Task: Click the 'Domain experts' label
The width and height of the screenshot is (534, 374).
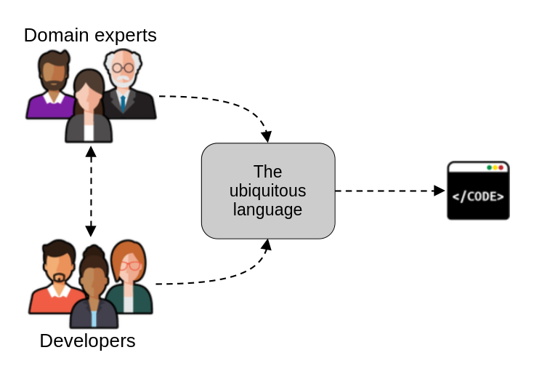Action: [90, 34]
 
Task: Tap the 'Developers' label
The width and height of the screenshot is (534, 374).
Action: [87, 341]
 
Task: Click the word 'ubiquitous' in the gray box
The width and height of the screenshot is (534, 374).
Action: [267, 191]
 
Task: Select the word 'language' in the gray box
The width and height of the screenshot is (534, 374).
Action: [267, 210]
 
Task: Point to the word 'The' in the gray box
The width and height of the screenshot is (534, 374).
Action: [267, 172]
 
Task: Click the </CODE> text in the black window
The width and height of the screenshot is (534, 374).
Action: [478, 196]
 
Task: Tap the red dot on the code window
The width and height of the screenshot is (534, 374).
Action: [501, 167]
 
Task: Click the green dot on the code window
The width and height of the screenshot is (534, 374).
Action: [489, 167]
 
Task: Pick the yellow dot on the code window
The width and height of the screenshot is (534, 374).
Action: [495, 167]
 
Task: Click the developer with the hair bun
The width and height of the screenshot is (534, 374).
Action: [93, 287]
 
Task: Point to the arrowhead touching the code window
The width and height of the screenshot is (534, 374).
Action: [440, 191]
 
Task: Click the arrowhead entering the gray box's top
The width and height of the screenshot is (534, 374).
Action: [266, 137]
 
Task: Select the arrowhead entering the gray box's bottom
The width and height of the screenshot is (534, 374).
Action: [266, 244]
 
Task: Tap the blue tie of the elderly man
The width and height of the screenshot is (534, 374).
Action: [123, 103]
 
